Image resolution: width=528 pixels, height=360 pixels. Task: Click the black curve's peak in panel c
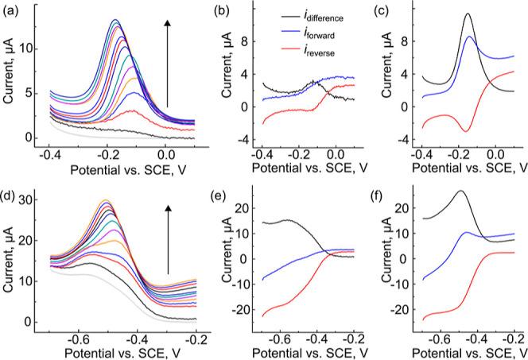pyautogui.click(x=468, y=14)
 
